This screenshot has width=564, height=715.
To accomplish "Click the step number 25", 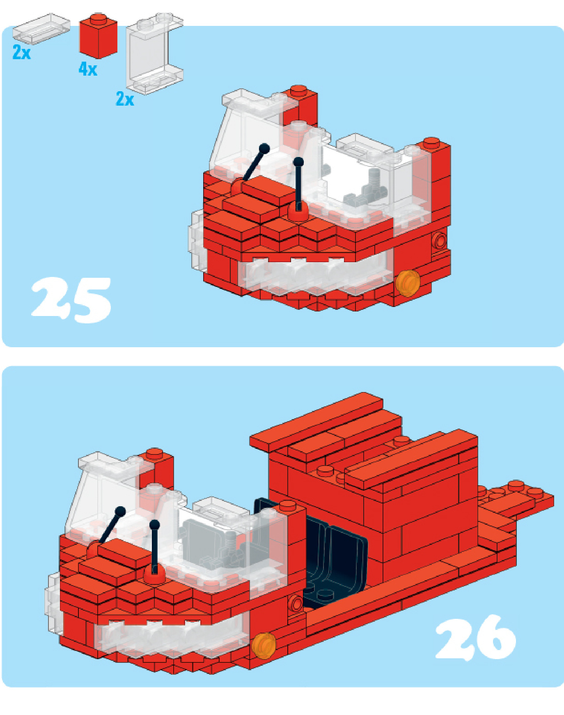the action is [71, 300].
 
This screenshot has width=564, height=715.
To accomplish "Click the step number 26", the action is [475, 637].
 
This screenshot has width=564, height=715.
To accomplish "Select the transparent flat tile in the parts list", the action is [41, 28].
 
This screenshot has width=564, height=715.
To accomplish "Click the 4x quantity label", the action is [88, 69].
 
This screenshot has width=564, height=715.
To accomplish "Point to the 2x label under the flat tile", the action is [21, 52].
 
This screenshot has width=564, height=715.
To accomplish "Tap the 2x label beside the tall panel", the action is [125, 99].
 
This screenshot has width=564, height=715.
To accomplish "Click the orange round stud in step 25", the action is [408, 283].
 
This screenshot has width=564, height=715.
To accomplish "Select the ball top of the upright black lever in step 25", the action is [299, 162].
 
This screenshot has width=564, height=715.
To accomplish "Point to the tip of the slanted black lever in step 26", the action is [120, 512].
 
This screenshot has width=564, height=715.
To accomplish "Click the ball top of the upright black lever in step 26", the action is [154, 525].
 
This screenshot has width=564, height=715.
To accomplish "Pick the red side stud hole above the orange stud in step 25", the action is [440, 240].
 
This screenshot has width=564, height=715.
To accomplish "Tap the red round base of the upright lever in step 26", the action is [154, 575].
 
